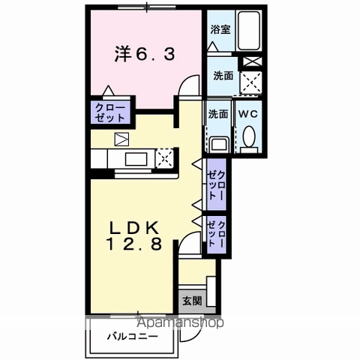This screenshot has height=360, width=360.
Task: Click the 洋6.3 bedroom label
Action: pyautogui.click(x=144, y=54)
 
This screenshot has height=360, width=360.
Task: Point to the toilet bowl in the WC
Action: pyautogui.click(x=250, y=136)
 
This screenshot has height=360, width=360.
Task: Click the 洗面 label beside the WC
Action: pyautogui.click(x=218, y=114)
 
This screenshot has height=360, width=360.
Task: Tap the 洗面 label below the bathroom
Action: pyautogui.click(x=222, y=76)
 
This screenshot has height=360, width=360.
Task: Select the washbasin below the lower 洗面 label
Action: pyautogui.click(x=219, y=143)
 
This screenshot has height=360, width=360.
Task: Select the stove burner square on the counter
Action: pyautogui.click(x=164, y=157)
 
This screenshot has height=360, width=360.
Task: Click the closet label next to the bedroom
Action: pyautogui.click(x=109, y=112)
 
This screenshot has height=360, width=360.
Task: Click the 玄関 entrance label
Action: pyautogui.click(x=191, y=301)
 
